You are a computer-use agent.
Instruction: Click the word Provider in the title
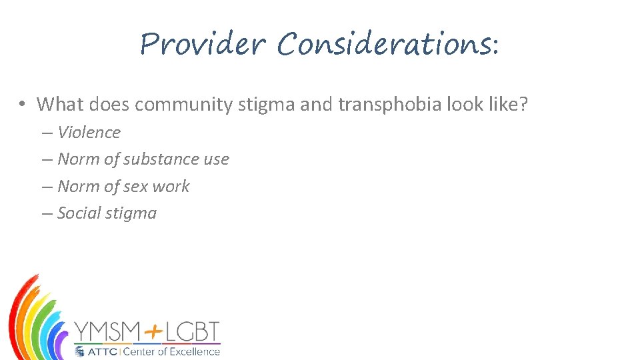coord(203,45)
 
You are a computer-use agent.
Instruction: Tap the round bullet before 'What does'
coord(22,104)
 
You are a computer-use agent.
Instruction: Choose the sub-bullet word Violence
coord(89,132)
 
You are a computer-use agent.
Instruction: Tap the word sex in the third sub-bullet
coord(135,187)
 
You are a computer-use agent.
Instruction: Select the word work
coord(171,187)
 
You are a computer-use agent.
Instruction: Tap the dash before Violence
coord(46,133)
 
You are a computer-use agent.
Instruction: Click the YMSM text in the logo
coord(107,332)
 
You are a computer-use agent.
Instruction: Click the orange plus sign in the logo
coord(152,331)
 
